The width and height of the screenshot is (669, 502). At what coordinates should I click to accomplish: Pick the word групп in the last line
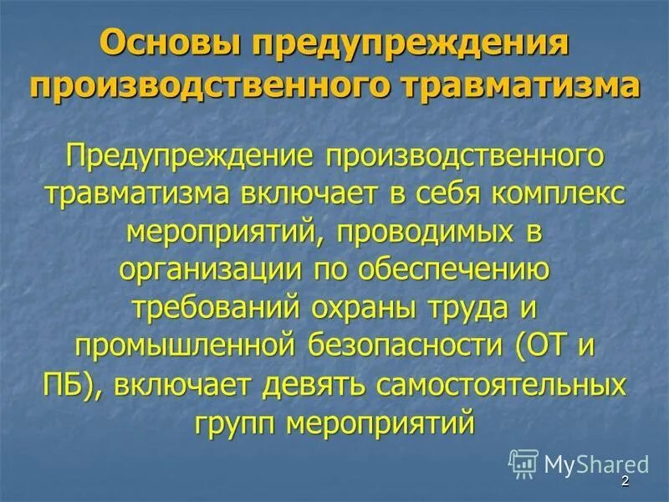click(237, 421)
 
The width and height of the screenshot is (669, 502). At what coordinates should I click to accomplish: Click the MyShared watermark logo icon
click(523, 463)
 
